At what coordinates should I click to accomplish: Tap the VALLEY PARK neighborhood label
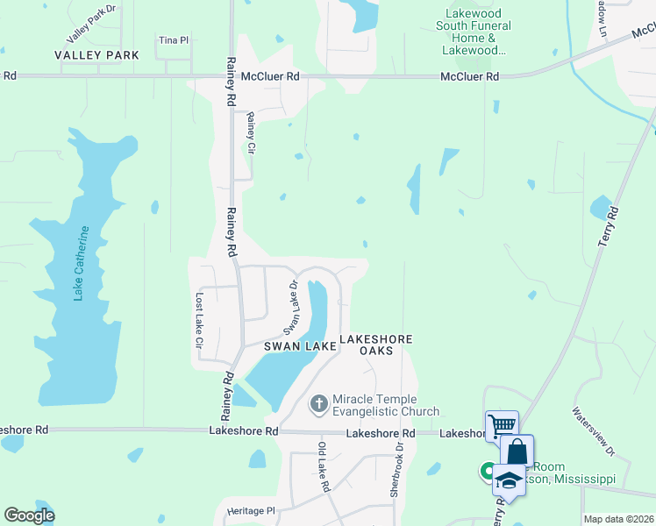[x=96, y=55]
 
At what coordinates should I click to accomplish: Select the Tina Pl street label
[x=174, y=40]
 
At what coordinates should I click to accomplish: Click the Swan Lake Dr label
[x=291, y=308]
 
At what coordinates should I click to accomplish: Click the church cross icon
[x=319, y=404]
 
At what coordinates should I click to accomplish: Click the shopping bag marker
[x=517, y=451]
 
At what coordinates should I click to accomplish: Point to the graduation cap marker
[x=509, y=479]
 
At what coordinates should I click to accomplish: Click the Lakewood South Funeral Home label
[x=474, y=32]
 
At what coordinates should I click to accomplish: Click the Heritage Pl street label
[x=251, y=511]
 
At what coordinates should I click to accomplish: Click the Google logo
[x=29, y=515]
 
